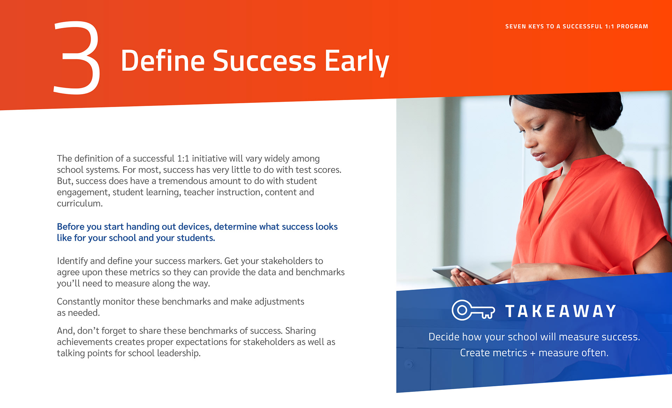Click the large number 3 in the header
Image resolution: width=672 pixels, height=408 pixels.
[x=77, y=58]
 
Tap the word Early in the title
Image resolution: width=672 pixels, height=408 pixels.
[x=357, y=62]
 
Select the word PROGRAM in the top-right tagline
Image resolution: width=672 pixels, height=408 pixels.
[x=632, y=27]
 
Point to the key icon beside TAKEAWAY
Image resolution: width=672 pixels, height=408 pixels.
[x=473, y=310]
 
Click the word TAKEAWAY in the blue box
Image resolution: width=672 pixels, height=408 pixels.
[x=561, y=311]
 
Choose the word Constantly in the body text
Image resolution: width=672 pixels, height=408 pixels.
[x=78, y=302]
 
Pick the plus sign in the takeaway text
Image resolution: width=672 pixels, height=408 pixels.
[x=533, y=353]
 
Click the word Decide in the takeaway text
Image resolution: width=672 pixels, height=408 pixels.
[x=444, y=337]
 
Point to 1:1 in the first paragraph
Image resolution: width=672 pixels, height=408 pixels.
[x=183, y=159]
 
